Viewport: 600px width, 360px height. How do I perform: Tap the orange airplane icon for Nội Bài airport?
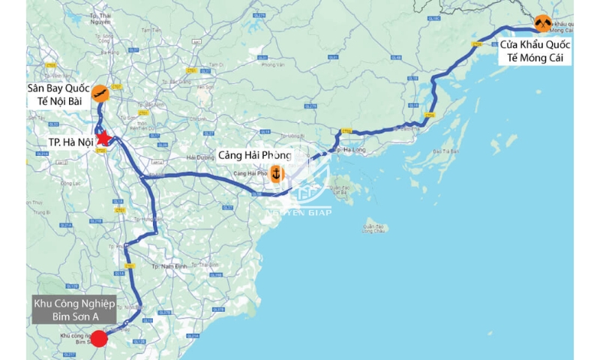click(x=99, y=93)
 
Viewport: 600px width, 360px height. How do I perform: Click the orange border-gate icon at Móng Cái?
click(x=543, y=23)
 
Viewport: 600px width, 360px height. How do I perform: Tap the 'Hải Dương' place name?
click(x=199, y=157)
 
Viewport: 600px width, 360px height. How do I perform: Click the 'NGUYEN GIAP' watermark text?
click(x=298, y=212)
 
